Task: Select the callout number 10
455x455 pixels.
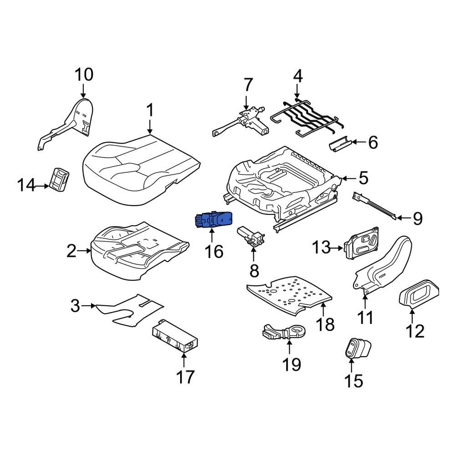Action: (x=83, y=74)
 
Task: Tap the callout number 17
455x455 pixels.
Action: (x=185, y=377)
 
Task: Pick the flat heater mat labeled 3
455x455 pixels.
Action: (x=130, y=309)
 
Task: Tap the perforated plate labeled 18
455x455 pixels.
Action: (x=291, y=293)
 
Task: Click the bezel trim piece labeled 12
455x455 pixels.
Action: (x=420, y=295)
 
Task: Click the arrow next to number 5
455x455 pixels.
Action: (x=348, y=178)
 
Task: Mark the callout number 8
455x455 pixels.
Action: (x=254, y=271)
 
